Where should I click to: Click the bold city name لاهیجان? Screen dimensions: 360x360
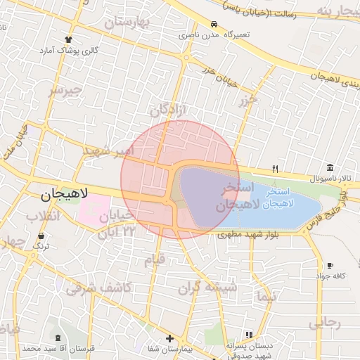pyautogui.click(x=60, y=193)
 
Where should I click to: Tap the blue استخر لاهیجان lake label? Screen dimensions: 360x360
pyautogui.click(x=283, y=198)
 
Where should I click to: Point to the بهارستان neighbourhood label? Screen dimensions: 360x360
pyautogui.click(x=128, y=22)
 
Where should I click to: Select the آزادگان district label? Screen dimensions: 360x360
pyautogui.click(x=168, y=111)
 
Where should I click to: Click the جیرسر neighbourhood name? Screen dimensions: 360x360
pyautogui.click(x=65, y=91)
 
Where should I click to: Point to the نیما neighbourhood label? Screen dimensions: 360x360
pyautogui.click(x=268, y=297)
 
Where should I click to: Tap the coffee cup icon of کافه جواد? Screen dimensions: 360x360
pyautogui.click(x=330, y=265)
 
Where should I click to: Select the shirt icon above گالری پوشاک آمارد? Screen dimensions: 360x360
pyautogui.click(x=68, y=39)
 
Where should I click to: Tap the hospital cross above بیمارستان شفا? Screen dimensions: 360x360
pyautogui.click(x=169, y=338)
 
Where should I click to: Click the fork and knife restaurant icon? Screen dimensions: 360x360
pyautogui.click(x=276, y=169)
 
